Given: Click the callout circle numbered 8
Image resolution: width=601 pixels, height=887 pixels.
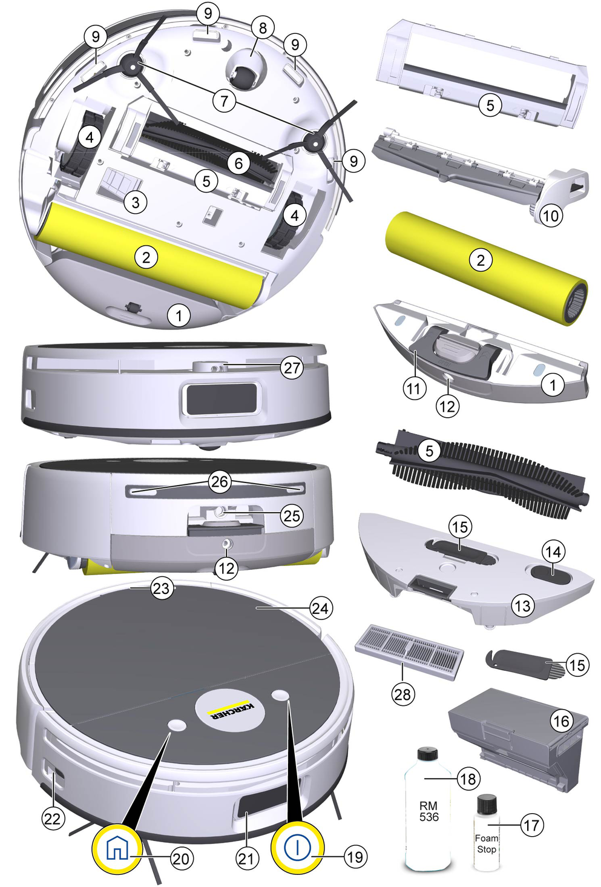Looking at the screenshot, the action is tap(262, 28).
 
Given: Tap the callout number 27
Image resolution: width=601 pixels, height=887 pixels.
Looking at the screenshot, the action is tap(292, 368).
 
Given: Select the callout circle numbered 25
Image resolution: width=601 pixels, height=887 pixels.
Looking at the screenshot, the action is tap(292, 516).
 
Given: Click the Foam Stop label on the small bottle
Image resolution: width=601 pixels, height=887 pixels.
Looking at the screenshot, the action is tap(486, 843).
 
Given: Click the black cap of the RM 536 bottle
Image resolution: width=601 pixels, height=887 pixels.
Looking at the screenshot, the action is tap(429, 746).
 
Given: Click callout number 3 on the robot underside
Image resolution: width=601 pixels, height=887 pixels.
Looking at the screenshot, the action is tap(136, 202).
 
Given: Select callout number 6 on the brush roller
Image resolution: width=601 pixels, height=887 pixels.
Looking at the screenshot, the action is tap(238, 163).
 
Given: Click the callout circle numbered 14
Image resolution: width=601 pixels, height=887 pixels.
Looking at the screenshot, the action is tap(554, 552).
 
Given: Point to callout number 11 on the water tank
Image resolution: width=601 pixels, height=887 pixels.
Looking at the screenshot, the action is tap(414, 388).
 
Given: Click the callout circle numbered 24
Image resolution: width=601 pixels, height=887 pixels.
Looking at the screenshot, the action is tap(320, 608).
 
